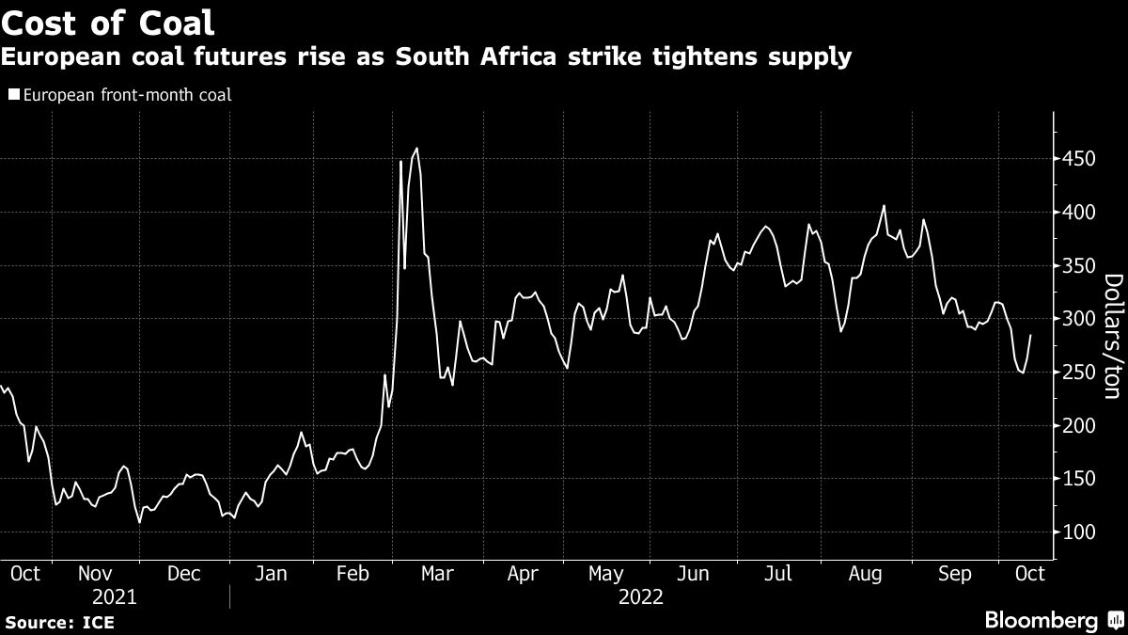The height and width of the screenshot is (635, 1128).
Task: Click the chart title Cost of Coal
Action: pos(108,23)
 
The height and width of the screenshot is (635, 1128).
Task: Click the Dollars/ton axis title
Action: pos(1113,336)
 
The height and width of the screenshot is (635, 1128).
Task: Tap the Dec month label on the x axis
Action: pos(183,573)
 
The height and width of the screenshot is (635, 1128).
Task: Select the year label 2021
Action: pos(114,596)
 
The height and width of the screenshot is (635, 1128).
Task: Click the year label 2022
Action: pos(641,596)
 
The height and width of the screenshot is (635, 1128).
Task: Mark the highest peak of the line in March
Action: pos(416,148)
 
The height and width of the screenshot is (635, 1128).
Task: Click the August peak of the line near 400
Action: pos(884,206)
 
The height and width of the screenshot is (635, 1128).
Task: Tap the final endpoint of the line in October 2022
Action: pos(1030,335)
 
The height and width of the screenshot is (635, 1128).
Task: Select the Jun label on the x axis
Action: pos(694,573)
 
